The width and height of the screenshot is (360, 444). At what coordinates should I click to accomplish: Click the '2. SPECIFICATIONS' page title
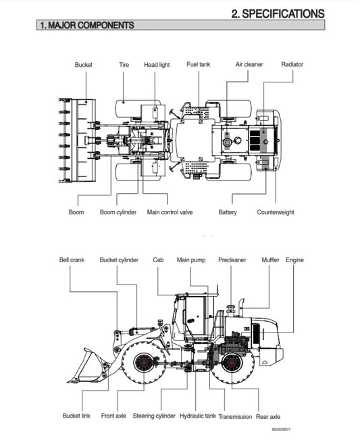(278, 13)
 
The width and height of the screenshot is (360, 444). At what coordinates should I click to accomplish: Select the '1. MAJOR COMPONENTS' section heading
(86, 26)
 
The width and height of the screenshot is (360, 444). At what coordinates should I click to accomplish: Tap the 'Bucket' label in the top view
(83, 65)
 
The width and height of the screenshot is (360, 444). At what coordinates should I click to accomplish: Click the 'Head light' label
(157, 65)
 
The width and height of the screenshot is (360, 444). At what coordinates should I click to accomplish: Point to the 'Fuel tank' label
(199, 64)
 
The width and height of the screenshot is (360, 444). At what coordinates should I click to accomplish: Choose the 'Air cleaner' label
(249, 64)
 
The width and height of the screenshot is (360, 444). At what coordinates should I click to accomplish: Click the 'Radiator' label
(292, 64)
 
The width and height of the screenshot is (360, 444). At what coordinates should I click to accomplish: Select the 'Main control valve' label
(170, 212)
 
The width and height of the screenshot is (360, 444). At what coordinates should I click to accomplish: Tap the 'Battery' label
(228, 212)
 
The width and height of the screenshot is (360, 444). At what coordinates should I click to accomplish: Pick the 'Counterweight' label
(275, 212)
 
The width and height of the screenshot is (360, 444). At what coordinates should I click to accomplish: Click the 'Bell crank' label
(72, 260)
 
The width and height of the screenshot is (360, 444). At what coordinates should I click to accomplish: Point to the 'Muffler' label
(270, 260)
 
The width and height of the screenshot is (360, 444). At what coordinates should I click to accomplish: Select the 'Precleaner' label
(232, 260)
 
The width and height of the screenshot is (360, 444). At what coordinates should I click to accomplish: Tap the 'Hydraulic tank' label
(198, 416)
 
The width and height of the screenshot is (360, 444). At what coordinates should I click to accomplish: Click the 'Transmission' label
(235, 416)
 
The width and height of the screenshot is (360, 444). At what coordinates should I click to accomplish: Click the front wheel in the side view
(143, 363)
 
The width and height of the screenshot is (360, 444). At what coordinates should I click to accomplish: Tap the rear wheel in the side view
(232, 363)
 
